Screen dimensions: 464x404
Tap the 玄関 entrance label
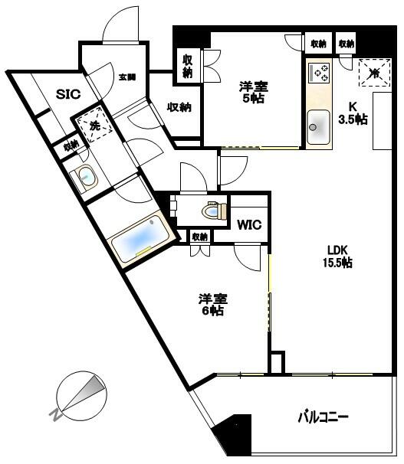point(126,77)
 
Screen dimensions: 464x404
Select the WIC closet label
point(248,225)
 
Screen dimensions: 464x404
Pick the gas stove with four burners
point(319,74)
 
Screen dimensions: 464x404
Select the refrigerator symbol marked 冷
point(374,74)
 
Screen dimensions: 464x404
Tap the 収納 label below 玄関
point(179,108)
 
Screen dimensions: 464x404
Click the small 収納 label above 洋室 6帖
point(199,237)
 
